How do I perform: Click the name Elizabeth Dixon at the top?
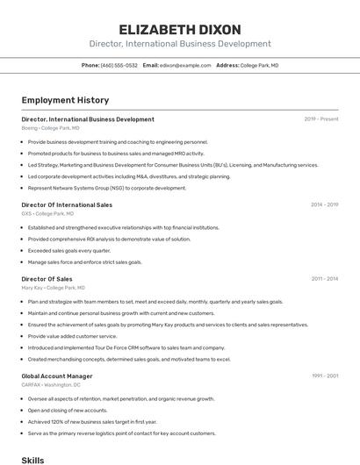[x=180, y=28]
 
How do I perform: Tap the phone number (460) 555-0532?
[x=119, y=65]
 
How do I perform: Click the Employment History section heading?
[x=65, y=100]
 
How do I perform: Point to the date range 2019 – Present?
[x=321, y=119]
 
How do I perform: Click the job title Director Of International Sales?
[x=67, y=204]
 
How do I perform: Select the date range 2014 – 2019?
[x=324, y=204]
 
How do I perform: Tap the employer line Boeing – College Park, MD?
[x=50, y=128]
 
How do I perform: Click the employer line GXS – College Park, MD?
[x=47, y=213]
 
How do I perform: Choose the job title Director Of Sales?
[x=47, y=279]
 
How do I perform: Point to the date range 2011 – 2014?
[x=324, y=279]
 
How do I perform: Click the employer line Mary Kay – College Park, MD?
[x=53, y=288]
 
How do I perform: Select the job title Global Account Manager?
[x=56, y=376]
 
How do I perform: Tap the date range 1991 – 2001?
[x=325, y=376]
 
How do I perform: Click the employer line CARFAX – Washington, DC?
[x=51, y=385]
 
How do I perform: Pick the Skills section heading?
[x=32, y=459]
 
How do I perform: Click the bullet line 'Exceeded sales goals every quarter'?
[x=69, y=250]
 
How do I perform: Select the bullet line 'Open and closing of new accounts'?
[x=68, y=410]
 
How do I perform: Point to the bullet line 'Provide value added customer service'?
[x=72, y=336]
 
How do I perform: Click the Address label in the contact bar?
[x=227, y=65]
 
